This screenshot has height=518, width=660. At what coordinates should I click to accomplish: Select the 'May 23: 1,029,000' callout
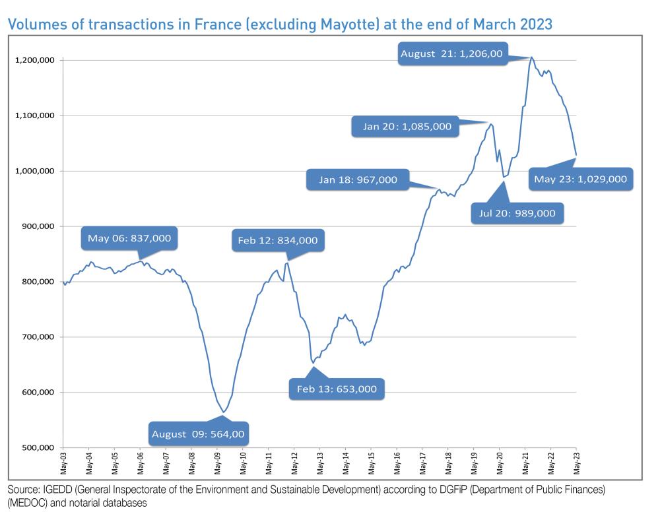pos(580,179)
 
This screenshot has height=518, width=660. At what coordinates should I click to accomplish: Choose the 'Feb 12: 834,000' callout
pos(277,241)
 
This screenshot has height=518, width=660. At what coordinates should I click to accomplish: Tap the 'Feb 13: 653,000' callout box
pos(337,389)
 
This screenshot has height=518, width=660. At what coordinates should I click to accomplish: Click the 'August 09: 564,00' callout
pos(199,434)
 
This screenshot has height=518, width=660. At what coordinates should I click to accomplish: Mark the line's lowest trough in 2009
pos(224,412)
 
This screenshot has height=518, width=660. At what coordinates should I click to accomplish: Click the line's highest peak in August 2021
pos(531,57)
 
